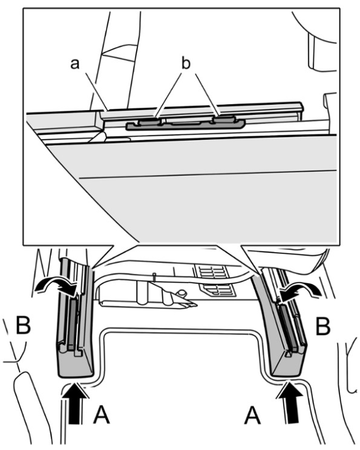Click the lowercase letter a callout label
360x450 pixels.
click(75, 64)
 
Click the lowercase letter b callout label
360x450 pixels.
click(186, 63)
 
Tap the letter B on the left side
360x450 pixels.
click(23, 325)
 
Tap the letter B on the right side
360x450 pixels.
click(323, 326)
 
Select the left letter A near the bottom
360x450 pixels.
click(101, 415)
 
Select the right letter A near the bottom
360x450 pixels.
click(253, 415)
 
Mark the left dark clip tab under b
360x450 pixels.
click(149, 122)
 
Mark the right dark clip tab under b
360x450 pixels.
click(224, 119)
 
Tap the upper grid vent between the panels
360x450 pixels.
click(212, 271)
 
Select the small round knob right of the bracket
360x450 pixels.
click(181, 293)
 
